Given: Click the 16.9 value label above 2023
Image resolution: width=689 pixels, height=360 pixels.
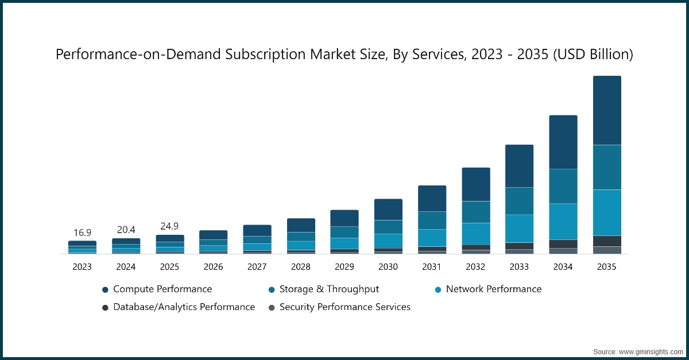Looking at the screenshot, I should click(82, 233).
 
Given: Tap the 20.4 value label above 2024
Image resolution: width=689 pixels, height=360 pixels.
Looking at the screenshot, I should click(126, 230).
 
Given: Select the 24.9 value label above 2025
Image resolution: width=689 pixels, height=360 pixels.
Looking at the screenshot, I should click(169, 226).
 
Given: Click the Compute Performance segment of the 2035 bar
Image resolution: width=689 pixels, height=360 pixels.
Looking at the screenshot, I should click(607, 110).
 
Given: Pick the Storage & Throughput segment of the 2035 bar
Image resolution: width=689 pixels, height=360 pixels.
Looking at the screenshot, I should click(607, 167).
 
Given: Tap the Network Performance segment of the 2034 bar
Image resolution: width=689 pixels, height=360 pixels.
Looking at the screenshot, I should click(563, 221).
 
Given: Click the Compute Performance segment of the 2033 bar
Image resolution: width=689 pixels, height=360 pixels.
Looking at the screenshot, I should click(519, 166).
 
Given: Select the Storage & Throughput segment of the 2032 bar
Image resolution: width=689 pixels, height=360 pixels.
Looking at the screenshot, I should click(476, 212).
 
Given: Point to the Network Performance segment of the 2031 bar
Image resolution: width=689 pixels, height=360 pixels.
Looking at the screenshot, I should click(432, 238).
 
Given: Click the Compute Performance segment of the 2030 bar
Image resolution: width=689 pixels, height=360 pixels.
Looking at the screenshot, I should click(388, 210).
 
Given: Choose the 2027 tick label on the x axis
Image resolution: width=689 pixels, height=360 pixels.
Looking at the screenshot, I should click(257, 267).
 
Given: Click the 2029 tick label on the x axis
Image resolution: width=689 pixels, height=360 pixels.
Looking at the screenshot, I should click(344, 267).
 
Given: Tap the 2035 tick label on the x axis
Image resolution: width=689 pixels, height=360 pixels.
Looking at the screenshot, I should click(607, 267).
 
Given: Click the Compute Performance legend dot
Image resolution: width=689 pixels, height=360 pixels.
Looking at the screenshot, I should click(105, 290).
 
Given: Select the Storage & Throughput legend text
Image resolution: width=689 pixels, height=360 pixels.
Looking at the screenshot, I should click(329, 289).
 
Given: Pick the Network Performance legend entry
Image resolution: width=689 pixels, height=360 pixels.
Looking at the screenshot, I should click(487, 289).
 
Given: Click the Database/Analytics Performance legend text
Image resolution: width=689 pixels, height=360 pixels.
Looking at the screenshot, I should click(184, 307).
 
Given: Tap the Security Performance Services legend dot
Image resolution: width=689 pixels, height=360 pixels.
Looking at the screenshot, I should click(272, 308).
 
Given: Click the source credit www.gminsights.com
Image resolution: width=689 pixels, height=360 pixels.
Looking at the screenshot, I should click(650, 351).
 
